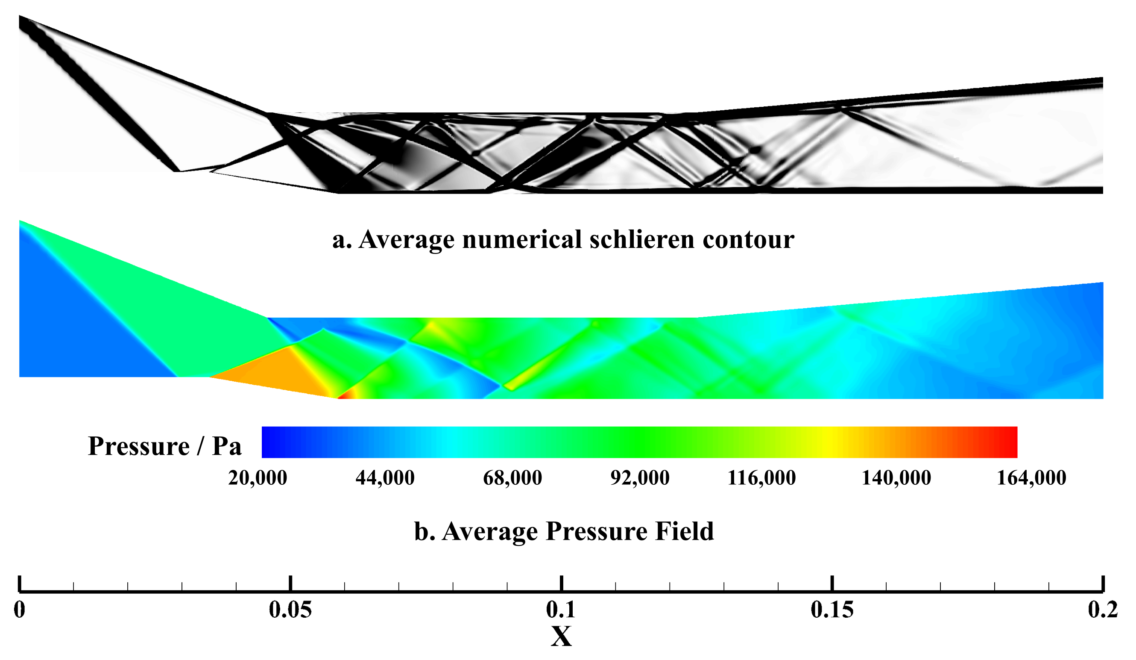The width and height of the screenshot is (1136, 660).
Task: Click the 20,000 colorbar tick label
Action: point(258,478)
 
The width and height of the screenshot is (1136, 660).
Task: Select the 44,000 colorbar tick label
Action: point(385,478)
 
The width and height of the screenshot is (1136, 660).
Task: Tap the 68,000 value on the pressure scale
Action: point(512,478)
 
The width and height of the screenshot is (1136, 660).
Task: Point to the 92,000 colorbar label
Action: point(640,478)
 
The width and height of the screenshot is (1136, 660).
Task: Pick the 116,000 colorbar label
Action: point(762,478)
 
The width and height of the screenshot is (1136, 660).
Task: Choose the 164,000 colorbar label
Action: point(1032,478)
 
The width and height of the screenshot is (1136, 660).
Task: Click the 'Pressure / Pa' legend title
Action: point(164,447)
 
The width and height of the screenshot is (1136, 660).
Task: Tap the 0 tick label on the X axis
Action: point(19,610)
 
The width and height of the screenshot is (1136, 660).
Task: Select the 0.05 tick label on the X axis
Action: point(290,610)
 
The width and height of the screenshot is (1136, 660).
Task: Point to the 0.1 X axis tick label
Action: point(561,610)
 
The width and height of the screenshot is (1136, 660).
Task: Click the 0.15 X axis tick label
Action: point(832,610)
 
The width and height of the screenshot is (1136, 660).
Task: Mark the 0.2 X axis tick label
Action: point(1103,610)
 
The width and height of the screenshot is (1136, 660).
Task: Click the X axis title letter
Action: point(561,636)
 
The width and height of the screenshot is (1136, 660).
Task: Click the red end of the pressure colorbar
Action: point(1005,442)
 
